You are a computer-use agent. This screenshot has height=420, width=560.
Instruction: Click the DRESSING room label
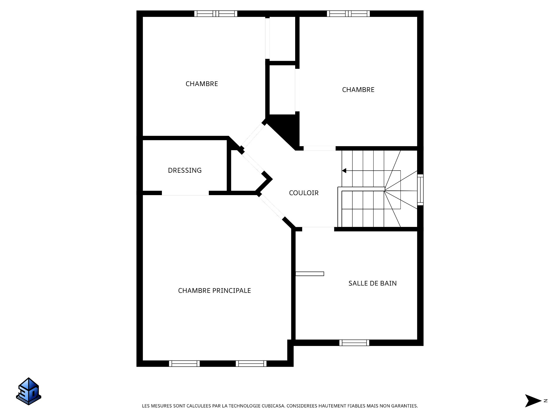185,170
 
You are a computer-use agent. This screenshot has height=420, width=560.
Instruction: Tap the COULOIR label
304,193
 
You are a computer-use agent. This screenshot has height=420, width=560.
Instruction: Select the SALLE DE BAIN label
372,283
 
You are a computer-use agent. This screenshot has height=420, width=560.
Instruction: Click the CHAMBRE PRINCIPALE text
214,290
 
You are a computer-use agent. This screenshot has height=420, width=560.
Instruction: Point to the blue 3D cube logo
29,391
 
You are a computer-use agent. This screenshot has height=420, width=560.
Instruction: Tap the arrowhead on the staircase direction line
344,171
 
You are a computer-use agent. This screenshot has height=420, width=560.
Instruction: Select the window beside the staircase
420,190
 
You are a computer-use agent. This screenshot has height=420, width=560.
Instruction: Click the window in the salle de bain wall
354,343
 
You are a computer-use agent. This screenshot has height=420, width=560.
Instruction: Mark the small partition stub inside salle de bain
310,274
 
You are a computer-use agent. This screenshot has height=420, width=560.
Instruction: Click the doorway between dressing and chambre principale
185,193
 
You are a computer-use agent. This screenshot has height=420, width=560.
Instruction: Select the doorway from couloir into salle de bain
318,229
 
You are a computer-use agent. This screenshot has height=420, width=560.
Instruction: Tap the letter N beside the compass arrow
545,401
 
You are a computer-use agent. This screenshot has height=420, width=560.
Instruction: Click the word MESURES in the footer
161,406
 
